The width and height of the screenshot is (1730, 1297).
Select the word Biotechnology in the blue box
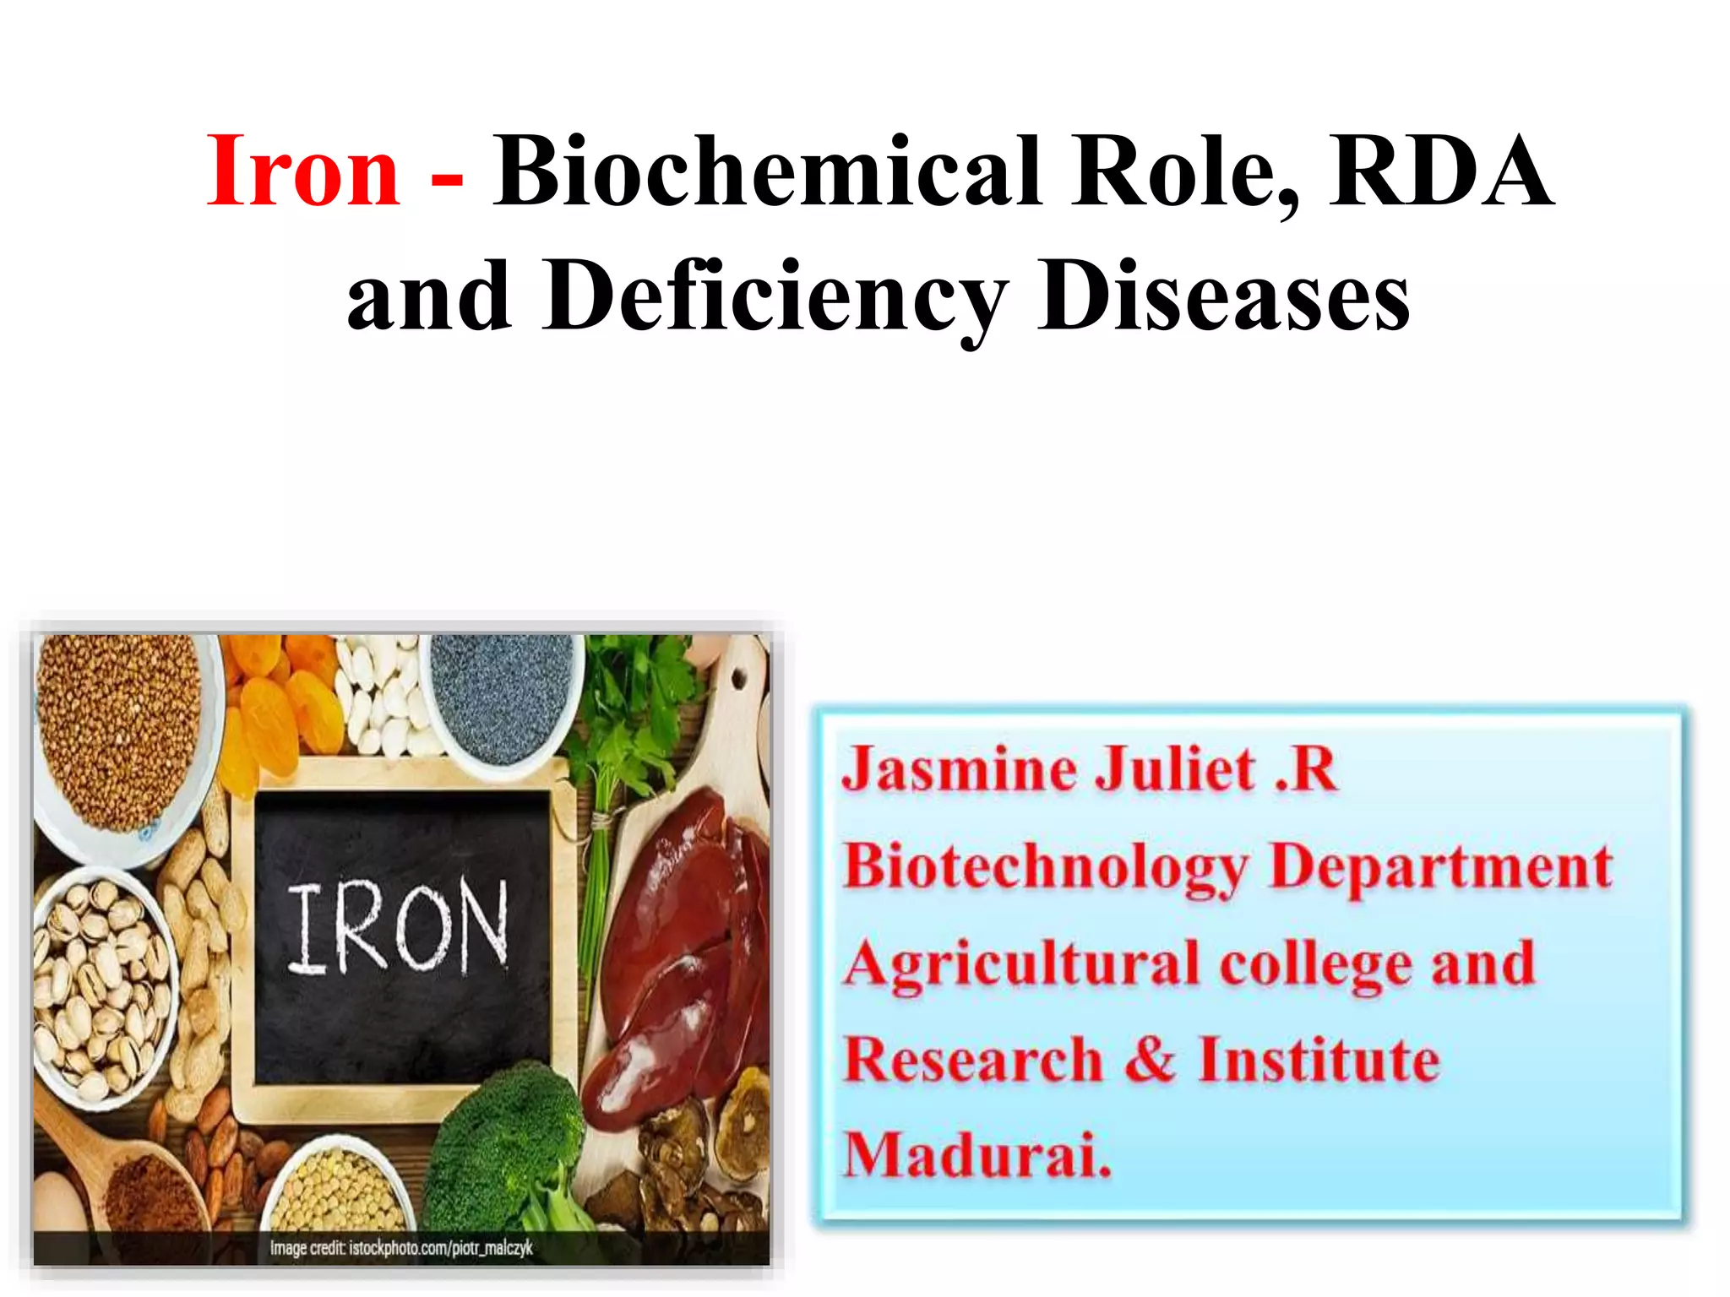tap(1046, 869)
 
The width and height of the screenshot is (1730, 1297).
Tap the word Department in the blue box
tap(1440, 869)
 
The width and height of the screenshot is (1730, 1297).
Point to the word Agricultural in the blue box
tap(1020, 965)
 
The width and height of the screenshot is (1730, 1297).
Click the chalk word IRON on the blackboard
tap(397, 926)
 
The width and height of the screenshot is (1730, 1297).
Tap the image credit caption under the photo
tap(401, 1248)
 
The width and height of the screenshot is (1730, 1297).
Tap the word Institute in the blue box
tap(1318, 1060)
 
